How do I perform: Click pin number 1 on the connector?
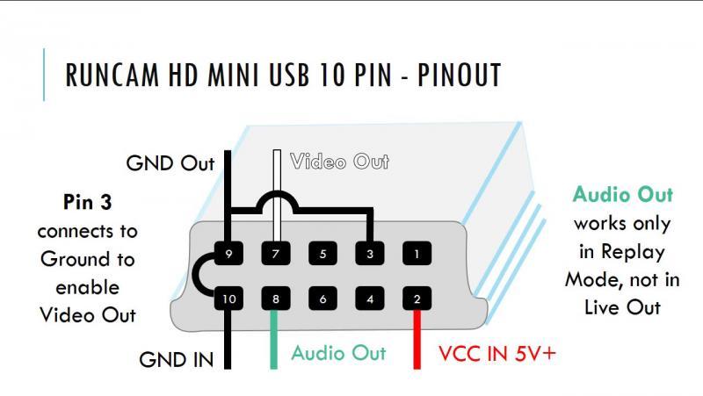coord(417,255)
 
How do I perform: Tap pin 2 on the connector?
coord(417,299)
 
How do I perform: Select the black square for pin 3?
coord(369,255)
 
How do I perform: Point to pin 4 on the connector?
coord(369,299)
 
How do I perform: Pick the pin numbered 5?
coord(323,255)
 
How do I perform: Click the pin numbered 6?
coord(323,299)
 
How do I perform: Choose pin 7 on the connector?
coord(276,255)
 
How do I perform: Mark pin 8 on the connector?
coord(276,299)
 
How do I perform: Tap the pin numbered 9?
coord(229,255)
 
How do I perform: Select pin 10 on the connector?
coord(229,299)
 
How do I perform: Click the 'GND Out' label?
coord(170,163)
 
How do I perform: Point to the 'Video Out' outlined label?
coord(339,162)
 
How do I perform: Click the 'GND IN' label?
coord(175,359)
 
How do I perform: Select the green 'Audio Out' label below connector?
coord(338,353)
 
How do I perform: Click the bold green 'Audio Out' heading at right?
coord(622,194)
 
